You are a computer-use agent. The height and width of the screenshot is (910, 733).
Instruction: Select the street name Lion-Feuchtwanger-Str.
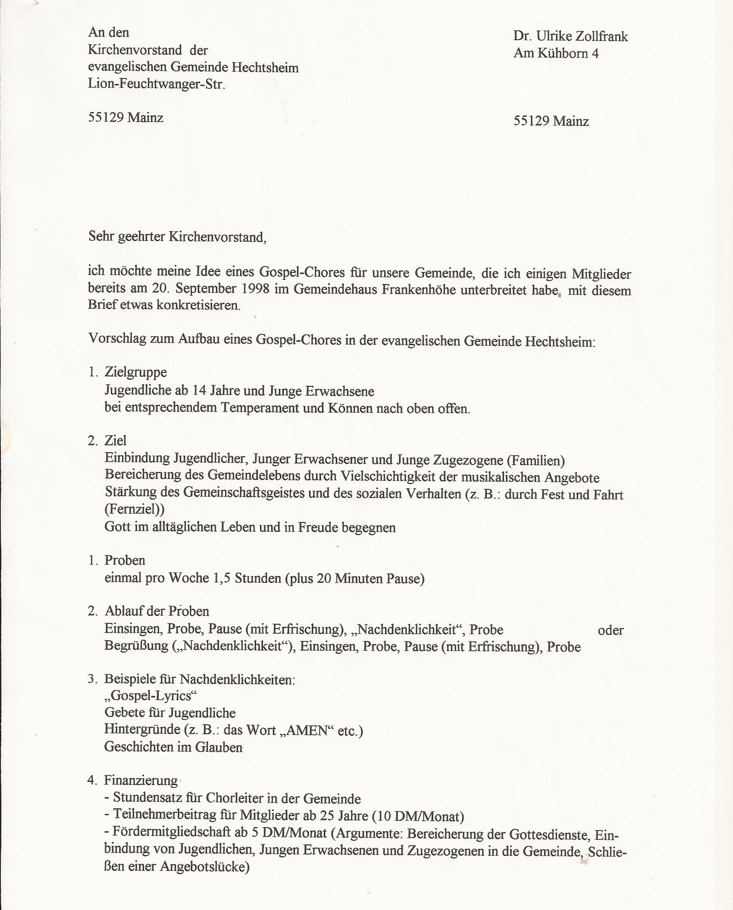[x=157, y=84]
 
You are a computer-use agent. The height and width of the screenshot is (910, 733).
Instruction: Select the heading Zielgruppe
[x=135, y=372]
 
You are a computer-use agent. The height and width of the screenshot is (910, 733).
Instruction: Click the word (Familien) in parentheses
[x=536, y=461]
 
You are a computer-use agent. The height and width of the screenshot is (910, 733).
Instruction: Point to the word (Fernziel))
[x=135, y=509]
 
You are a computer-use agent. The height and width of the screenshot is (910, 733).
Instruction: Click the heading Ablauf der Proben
[x=157, y=611]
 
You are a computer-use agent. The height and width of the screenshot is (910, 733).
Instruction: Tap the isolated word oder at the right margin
[x=611, y=630]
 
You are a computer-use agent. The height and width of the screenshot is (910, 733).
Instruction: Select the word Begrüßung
[x=136, y=646]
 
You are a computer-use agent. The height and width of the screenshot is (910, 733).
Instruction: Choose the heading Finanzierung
[x=141, y=780]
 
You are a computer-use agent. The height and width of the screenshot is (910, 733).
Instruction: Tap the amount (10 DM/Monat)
[x=418, y=816]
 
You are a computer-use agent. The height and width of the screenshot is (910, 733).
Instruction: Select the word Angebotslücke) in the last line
[x=205, y=866]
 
